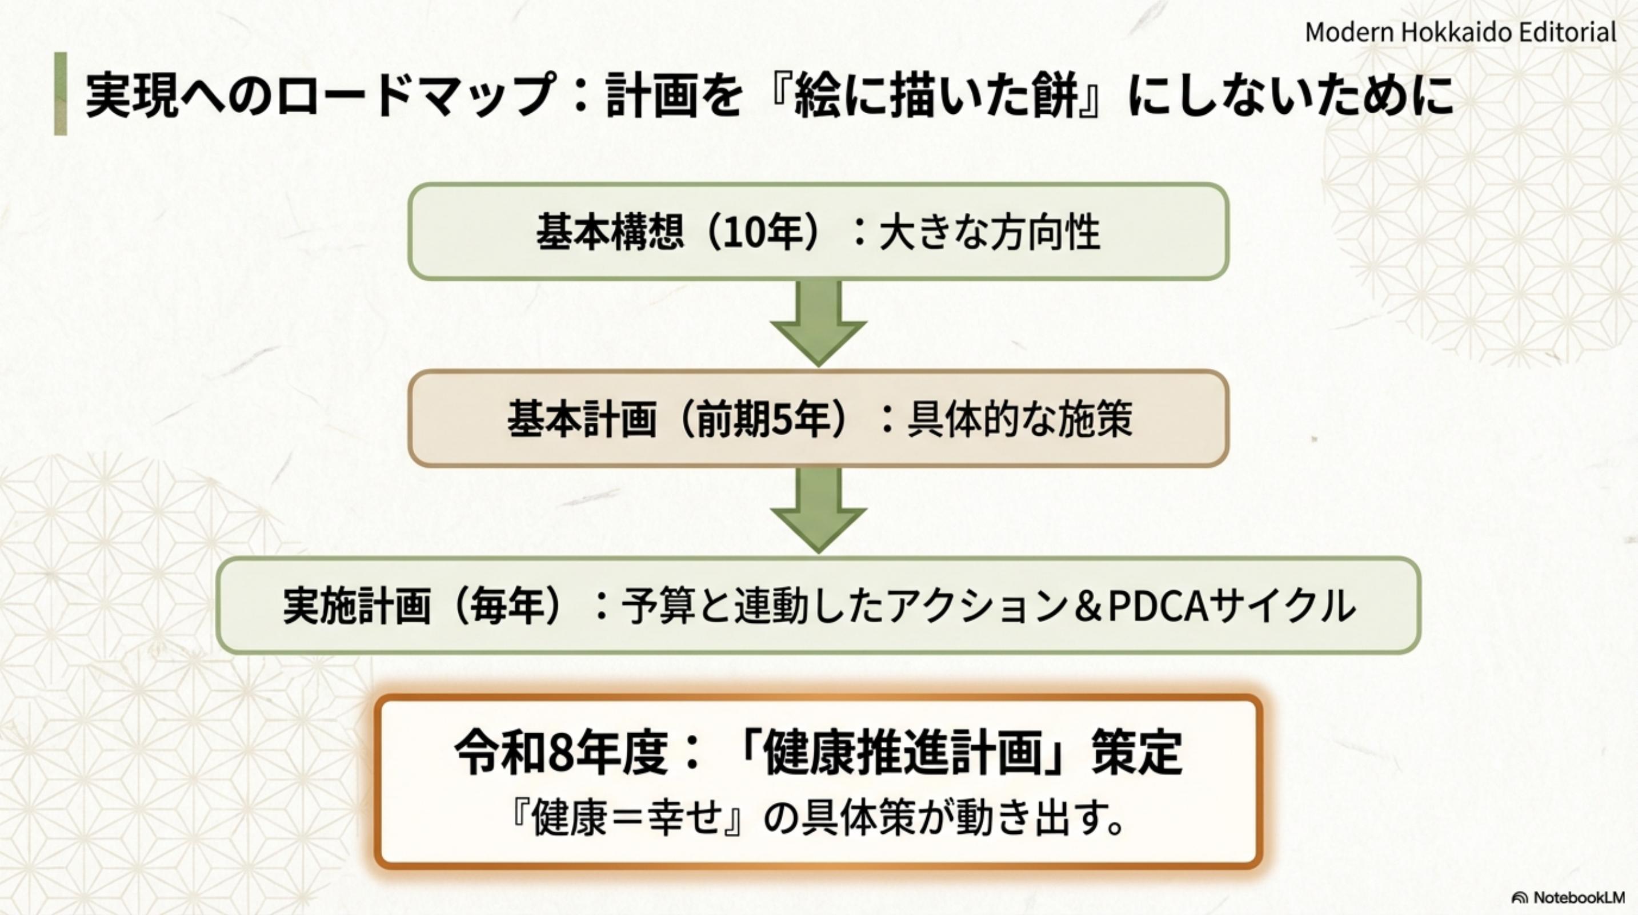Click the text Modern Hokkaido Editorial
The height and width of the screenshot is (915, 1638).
[x=1460, y=32]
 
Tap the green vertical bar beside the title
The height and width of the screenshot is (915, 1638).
[x=61, y=94]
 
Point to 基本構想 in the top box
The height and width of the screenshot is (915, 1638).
[x=610, y=232]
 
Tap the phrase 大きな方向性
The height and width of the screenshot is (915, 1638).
[x=990, y=232]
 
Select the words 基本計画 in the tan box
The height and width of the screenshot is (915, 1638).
[x=581, y=419]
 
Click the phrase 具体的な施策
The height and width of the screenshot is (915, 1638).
[x=1019, y=419]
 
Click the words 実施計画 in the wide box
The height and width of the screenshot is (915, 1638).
[x=357, y=605]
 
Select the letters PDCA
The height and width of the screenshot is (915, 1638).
[x=1158, y=605]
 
